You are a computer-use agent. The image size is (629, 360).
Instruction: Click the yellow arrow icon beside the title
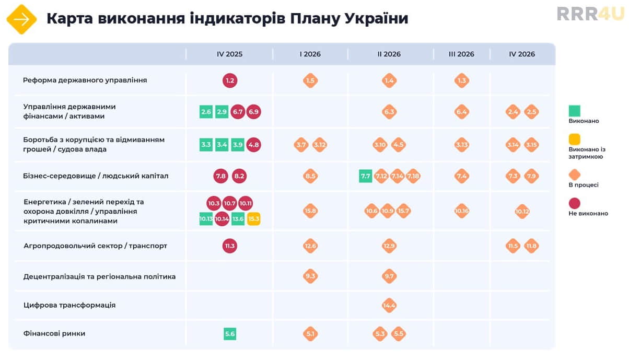click(x=21, y=19)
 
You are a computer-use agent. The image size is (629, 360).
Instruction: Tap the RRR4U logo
click(x=590, y=14)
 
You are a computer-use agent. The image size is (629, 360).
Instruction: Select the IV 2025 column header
click(x=229, y=54)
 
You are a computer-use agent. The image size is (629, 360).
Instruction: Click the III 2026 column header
click(x=461, y=54)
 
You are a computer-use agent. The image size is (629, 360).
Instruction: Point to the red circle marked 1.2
click(x=230, y=80)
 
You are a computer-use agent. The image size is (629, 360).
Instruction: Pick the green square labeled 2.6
click(x=206, y=112)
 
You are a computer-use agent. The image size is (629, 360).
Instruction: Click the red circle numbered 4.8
click(x=253, y=145)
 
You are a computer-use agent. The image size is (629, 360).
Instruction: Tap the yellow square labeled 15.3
click(x=254, y=219)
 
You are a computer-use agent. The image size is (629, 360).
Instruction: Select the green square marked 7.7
click(x=366, y=176)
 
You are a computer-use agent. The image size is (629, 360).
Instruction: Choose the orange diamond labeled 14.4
click(x=389, y=305)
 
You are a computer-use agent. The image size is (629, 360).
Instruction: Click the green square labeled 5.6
click(x=230, y=334)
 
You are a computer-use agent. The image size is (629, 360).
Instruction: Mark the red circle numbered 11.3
click(x=230, y=246)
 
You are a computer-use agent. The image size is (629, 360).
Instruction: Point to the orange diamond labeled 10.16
click(x=462, y=211)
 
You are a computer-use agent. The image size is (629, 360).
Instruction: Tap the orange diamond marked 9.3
click(x=310, y=276)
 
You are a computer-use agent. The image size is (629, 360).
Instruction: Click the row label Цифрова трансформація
click(x=69, y=305)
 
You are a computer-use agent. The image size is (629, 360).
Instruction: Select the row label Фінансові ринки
click(x=54, y=333)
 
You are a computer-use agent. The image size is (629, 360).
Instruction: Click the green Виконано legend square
click(x=575, y=111)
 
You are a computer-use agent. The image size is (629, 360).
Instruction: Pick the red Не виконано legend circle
click(x=575, y=203)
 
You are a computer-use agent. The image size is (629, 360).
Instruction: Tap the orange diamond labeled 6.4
click(x=462, y=112)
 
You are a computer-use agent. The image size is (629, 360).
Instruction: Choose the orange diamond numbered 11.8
click(x=531, y=246)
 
